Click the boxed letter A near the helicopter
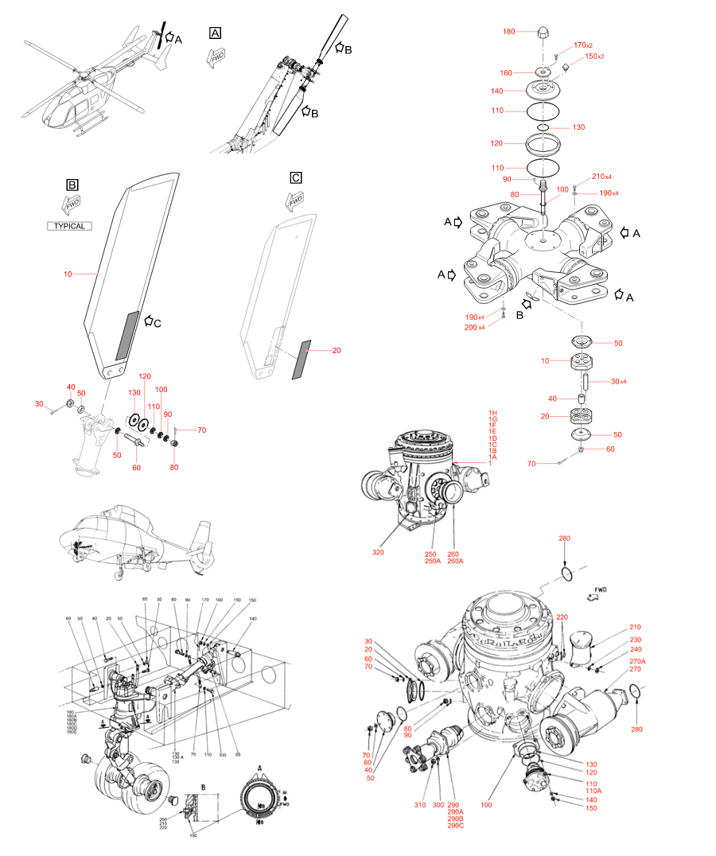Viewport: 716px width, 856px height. (215, 33)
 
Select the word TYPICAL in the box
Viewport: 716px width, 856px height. (68, 226)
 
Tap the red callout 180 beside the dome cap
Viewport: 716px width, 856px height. (509, 31)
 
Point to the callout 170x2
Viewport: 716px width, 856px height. (584, 45)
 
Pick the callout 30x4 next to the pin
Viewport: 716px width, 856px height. (618, 381)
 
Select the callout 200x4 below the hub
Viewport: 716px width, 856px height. (476, 328)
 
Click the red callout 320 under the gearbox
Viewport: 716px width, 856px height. (378, 551)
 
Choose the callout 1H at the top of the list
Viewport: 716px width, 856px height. (493, 413)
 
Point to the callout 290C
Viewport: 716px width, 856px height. (456, 827)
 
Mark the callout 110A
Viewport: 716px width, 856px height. (593, 792)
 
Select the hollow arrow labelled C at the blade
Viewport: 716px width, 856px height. (151, 322)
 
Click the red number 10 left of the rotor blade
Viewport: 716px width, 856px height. (68, 274)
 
